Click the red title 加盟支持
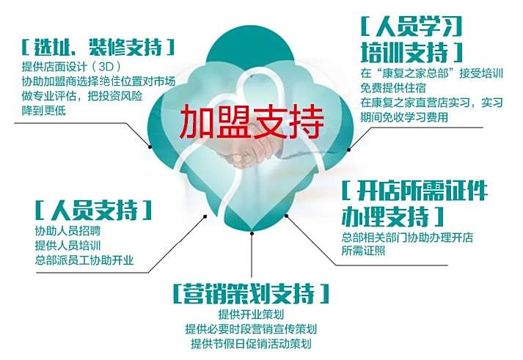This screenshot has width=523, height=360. tap(252, 122)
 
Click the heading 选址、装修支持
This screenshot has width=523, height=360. tap(98, 48)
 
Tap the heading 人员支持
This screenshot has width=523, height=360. tap(93, 210)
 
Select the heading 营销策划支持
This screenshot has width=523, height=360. tap(251, 293)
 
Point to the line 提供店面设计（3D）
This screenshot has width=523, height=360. tap(71, 66)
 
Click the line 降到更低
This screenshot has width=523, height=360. tap(44, 110)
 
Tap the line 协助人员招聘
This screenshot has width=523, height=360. tap(67, 231)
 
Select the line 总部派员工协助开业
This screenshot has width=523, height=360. tap(84, 260)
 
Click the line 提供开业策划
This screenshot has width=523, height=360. tap(251, 314)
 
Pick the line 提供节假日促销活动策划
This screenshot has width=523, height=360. tap(251, 343)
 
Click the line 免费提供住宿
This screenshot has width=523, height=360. tap(393, 88)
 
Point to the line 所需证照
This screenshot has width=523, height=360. tap(363, 250)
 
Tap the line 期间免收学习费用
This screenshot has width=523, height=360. tap(404, 117)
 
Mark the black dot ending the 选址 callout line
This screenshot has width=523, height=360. tap(150, 147)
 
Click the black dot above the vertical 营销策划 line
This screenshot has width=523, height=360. tap(252, 233)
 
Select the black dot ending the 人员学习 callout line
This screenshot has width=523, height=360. tap(349, 150)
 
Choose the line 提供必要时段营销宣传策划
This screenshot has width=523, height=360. tap(251, 329)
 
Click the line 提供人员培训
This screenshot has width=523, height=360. tap(67, 246)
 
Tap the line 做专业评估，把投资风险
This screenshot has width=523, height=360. tap(82, 95)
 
